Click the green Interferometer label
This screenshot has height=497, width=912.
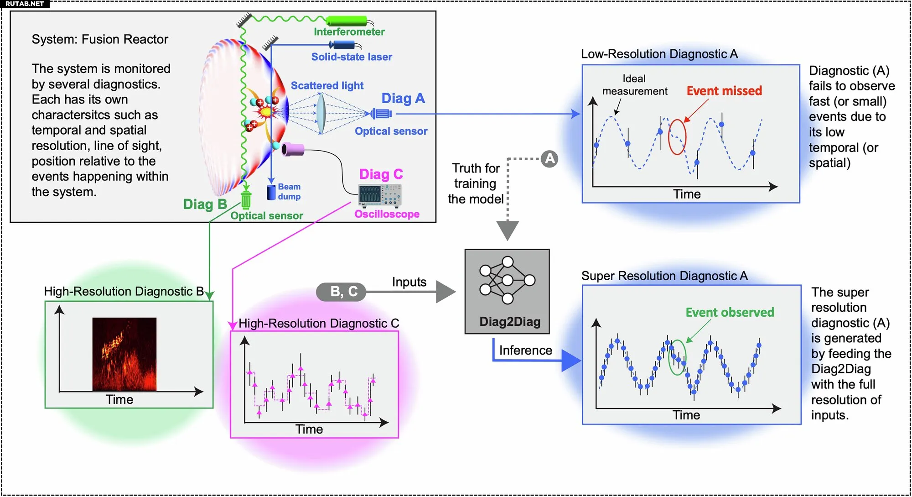349,32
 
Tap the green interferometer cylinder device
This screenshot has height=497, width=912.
347,21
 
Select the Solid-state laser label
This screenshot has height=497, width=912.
352,57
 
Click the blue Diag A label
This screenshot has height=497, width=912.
403,99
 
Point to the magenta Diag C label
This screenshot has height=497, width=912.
381,174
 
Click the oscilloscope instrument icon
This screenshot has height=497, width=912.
379,195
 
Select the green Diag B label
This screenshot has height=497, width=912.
205,204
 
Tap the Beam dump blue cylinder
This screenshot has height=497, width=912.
271,192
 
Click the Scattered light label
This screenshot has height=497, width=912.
327,86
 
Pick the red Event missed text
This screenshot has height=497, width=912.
724,91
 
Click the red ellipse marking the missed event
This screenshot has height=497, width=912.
677,136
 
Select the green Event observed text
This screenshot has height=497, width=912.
730,313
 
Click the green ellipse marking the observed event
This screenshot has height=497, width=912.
677,357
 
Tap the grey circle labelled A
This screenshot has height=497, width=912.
550,159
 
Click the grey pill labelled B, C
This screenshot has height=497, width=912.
341,292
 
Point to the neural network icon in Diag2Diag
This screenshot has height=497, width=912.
507,280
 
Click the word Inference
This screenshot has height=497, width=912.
525,351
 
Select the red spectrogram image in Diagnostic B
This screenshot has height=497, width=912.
124,354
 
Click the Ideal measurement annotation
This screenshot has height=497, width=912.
634,85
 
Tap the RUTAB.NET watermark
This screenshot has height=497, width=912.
25,4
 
